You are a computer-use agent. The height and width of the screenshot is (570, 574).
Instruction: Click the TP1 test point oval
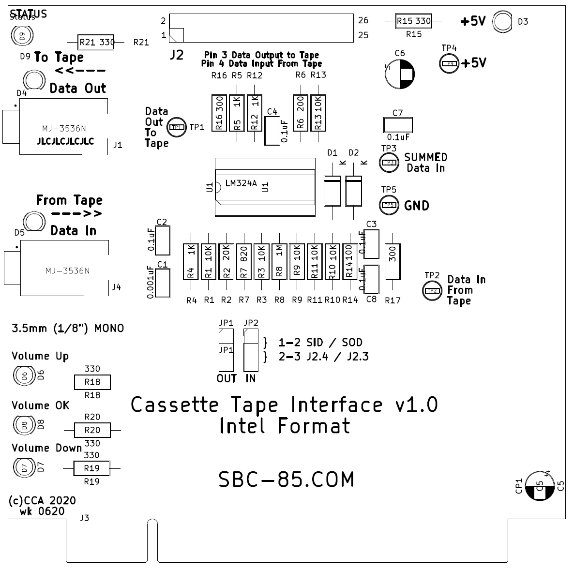click(x=176, y=127)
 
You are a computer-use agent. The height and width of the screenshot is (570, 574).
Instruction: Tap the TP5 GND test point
click(x=389, y=205)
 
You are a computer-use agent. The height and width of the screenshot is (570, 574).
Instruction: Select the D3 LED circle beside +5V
click(x=502, y=22)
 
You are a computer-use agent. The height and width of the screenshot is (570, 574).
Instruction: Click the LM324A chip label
click(x=241, y=183)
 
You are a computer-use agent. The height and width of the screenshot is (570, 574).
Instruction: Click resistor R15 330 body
click(x=414, y=21)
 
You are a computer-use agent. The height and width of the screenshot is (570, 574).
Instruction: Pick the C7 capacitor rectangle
click(x=397, y=125)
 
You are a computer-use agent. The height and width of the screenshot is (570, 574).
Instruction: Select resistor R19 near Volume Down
click(x=91, y=468)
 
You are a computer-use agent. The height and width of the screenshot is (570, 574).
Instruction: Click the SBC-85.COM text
click(x=287, y=480)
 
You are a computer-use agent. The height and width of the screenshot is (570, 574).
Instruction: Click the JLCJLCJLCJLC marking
click(x=65, y=142)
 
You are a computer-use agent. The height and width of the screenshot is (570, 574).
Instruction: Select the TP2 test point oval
click(x=432, y=290)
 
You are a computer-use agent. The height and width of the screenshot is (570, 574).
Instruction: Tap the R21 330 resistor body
click(x=96, y=43)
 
